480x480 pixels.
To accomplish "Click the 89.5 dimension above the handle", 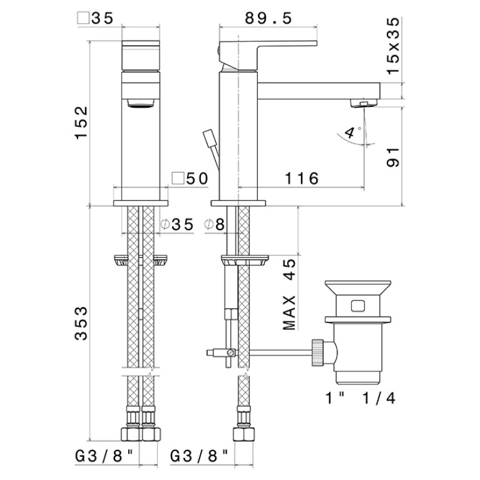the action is (268, 18).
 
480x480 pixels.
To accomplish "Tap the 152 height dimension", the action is (82, 123).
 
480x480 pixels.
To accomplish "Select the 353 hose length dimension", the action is (81, 324).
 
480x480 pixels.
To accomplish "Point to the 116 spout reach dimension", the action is (302, 178).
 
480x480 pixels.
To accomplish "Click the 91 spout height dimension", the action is (393, 157).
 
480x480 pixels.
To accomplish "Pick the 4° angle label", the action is (350, 133).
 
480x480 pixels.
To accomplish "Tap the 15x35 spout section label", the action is (393, 46).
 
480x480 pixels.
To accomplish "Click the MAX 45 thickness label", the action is (290, 295).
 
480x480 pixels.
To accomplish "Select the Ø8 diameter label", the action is (215, 225).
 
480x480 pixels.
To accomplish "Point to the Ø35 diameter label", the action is (177, 225).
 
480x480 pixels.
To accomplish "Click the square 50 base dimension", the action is (190, 178).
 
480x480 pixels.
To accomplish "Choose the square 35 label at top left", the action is (96, 18).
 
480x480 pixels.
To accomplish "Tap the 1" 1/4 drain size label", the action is (360, 398).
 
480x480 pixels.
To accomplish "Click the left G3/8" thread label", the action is (105, 456).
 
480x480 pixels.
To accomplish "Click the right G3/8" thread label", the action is (200, 456).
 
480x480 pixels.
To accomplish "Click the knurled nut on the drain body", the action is (317, 353).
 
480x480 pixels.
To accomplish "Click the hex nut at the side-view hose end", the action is (243, 434).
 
